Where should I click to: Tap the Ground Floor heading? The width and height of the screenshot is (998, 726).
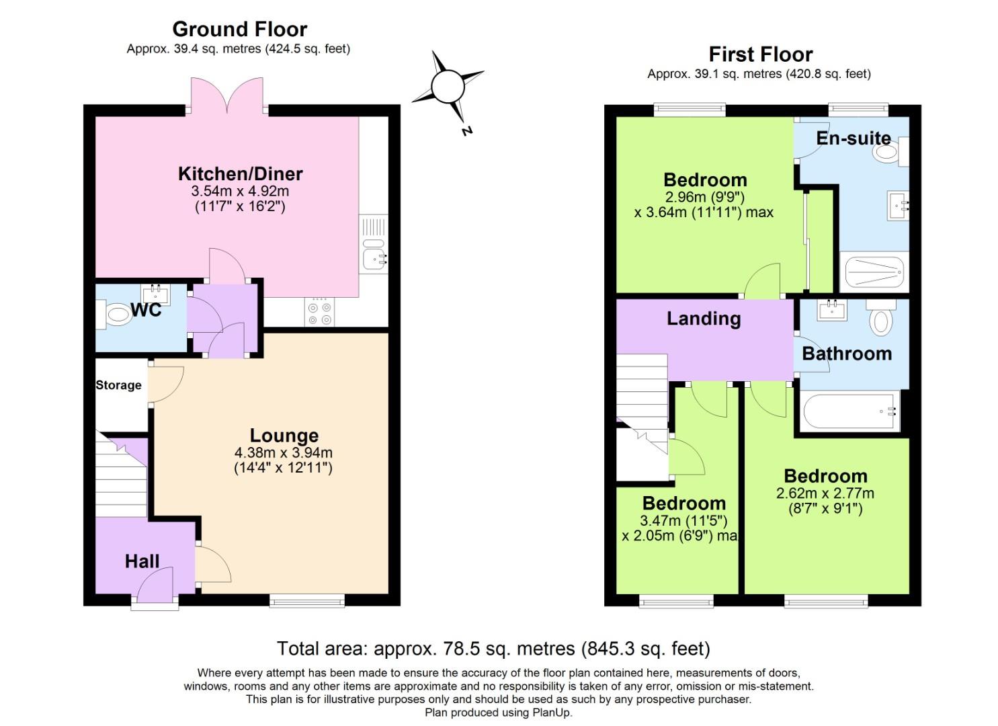coord(239,29)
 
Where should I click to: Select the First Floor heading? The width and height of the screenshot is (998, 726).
coord(760,54)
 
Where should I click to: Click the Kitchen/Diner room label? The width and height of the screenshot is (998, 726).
coord(240,173)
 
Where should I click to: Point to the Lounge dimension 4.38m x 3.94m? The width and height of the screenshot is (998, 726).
coord(283,452)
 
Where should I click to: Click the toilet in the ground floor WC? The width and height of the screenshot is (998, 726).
coord(115,315)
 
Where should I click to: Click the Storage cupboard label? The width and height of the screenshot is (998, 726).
coord(118,385)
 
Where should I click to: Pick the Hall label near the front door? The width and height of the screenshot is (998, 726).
coord(142,561)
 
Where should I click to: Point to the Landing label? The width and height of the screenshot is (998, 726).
coord(703,319)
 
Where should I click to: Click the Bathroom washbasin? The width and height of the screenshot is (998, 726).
coord(832,311)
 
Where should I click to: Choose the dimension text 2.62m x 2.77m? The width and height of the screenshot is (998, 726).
coord(825,493)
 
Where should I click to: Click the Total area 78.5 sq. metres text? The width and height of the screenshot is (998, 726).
coord(493,649)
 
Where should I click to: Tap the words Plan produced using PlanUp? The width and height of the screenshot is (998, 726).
coord(498,713)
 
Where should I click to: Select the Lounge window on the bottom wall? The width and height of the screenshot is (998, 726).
coord(307,600)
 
